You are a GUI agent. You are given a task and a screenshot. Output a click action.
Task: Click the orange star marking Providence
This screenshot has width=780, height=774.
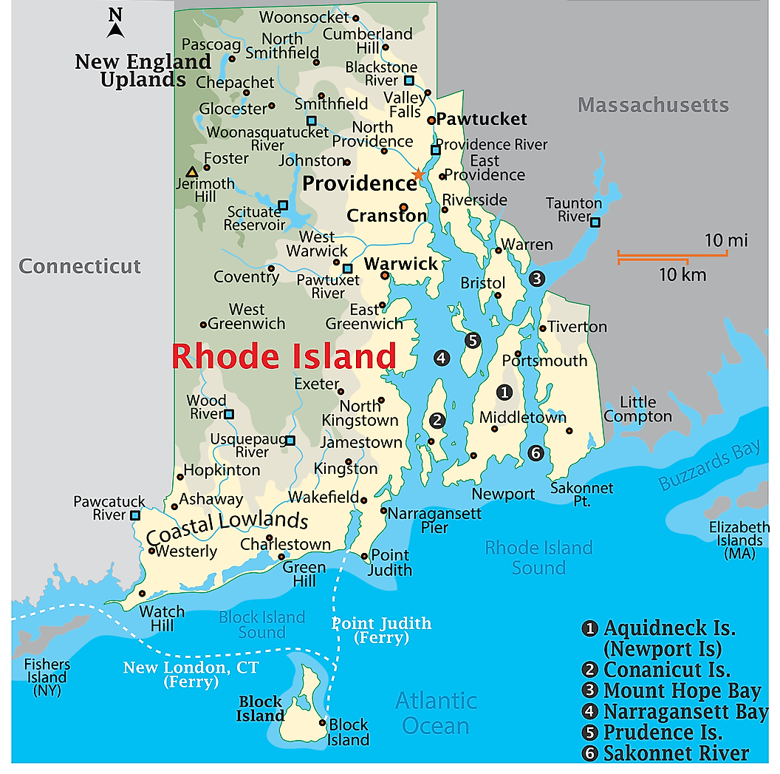coord(418,174)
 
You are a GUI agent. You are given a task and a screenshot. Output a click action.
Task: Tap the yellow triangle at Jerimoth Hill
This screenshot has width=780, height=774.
coord(192,172)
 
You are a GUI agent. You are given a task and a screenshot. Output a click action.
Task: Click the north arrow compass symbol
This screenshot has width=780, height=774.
coord(115,24)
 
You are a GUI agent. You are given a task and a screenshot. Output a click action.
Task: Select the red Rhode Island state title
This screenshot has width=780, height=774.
coord(284,356)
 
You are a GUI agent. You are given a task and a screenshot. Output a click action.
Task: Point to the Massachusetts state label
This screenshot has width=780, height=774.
coord(653,106)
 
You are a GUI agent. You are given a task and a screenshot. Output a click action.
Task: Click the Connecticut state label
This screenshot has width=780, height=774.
coord(80,266)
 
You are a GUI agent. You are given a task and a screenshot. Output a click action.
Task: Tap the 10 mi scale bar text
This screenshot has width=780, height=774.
coord(725,240)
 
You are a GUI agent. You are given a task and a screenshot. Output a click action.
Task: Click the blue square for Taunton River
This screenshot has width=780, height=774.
coord(595,222)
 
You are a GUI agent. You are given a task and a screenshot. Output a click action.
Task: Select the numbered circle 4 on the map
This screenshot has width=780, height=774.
coord(441,359)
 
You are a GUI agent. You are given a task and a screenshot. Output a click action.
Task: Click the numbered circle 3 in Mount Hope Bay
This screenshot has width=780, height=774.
coord(536,279)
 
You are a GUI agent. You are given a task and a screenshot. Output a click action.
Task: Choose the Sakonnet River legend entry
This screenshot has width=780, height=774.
coord(675,753)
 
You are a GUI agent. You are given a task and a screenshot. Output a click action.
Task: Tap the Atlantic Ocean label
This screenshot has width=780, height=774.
coord(436,713)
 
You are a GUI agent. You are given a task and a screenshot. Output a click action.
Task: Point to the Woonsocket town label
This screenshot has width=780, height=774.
coord(303,16)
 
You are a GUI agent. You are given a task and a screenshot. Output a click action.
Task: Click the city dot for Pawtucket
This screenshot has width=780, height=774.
coord(431,120)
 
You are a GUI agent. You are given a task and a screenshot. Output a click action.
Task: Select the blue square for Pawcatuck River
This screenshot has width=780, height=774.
coord(135,515)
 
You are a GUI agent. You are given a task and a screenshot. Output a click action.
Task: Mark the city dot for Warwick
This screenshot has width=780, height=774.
coord(384,276)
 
